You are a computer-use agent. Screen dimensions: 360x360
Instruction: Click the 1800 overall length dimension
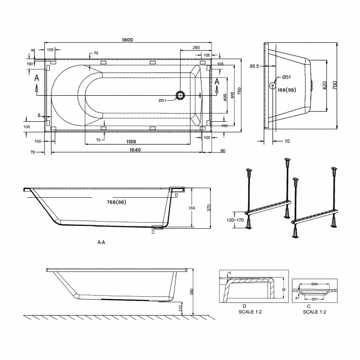127,39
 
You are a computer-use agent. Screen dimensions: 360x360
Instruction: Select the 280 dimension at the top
196,48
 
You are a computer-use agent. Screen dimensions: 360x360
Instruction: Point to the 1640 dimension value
127,149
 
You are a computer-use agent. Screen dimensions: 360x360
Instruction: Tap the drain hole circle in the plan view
180,95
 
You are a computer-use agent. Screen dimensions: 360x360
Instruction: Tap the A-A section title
101,243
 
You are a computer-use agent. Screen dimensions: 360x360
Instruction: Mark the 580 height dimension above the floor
192,291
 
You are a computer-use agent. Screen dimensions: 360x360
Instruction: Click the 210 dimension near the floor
181,307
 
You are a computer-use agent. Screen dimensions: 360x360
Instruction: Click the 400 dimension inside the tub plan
224,97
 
